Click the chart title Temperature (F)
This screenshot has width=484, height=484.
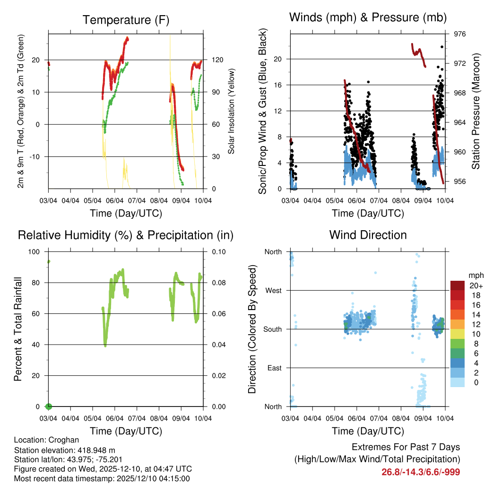(126, 20)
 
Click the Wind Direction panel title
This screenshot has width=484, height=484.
(368, 234)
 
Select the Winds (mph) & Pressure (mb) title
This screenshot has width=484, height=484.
(368, 17)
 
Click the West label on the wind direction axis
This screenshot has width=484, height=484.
(273, 290)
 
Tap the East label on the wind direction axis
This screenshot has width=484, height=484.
(274, 368)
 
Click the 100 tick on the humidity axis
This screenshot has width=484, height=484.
(35, 251)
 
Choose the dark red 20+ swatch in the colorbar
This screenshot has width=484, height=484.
(458, 285)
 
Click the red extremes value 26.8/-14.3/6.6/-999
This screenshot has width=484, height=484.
(421, 472)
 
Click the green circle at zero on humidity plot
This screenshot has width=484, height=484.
(48, 406)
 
